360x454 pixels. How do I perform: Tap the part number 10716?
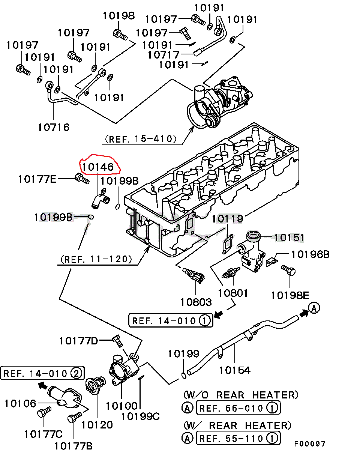coord(54,127)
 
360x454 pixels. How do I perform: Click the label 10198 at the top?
coord(118,16)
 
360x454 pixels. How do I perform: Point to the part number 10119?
coord(228,218)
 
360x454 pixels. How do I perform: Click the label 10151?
coord(288,237)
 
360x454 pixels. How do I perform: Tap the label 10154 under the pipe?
coord(234,370)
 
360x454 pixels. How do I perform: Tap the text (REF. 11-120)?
coord(96,259)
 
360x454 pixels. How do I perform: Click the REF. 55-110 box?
coord(238,438)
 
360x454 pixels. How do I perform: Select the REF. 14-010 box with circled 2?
coord(42,373)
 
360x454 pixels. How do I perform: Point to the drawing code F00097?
coord(309,444)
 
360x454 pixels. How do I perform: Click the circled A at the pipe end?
coord(314,308)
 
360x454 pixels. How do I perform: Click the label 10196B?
coord(310,254)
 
